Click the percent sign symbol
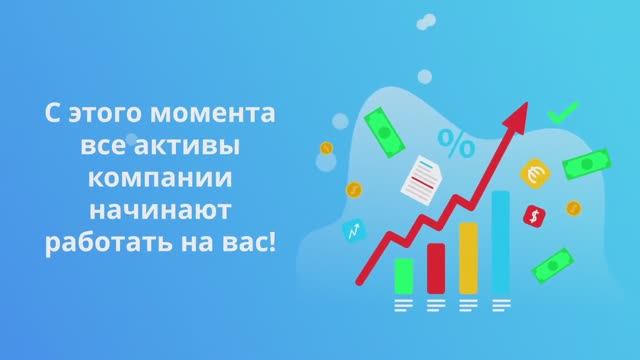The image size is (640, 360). click(457, 146)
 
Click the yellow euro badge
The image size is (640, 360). click(533, 174)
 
